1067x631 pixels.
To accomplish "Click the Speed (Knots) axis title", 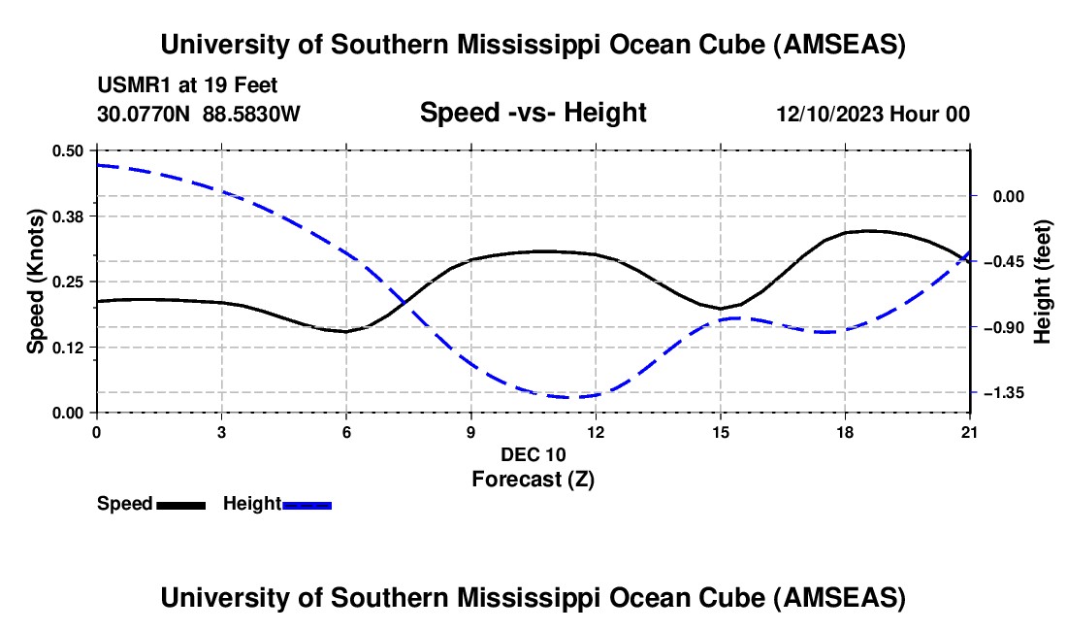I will click(35, 282).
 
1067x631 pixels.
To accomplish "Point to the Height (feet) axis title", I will click(1043, 282).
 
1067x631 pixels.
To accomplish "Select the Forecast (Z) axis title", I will click(533, 479).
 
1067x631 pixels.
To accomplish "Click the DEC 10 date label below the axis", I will click(533, 453).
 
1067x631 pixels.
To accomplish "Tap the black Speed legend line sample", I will click(180, 504).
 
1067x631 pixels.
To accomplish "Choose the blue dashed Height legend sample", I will click(307, 504).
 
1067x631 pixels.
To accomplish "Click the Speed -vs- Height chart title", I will click(533, 113).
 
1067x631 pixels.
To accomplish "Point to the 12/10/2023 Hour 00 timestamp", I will click(872, 115).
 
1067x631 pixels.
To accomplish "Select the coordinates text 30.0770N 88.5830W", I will click(199, 115).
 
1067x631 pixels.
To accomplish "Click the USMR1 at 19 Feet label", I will click(187, 85).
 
